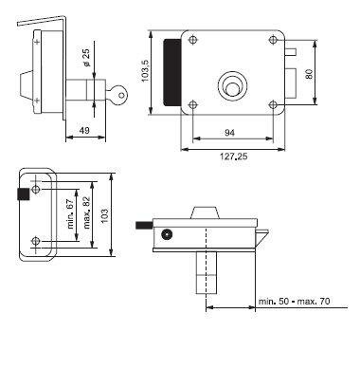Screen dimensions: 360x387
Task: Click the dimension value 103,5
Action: pyautogui.click(x=145, y=71)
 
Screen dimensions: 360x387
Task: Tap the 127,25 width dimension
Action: pyautogui.click(x=233, y=156)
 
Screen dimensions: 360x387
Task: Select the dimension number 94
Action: pyautogui.click(x=230, y=133)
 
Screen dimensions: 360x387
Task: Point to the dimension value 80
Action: pyautogui.click(x=310, y=74)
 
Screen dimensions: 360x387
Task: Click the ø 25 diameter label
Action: pyautogui.click(x=86, y=58)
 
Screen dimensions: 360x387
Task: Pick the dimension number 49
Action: pyautogui.click(x=84, y=130)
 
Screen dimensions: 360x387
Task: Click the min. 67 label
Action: pyautogui.click(x=71, y=214)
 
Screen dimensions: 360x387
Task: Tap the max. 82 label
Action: pyautogui.click(x=87, y=212)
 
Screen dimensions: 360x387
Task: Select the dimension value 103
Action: pyautogui.click(x=105, y=215)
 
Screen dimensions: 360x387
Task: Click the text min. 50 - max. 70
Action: pyautogui.click(x=294, y=301)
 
